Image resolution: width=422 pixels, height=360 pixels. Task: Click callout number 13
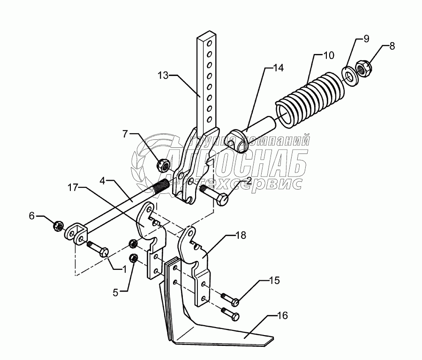click(162, 75)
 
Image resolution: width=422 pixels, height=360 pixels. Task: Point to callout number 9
click(366, 38)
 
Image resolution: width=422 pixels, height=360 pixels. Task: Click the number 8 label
click(392, 46)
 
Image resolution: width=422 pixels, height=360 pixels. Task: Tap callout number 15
click(274, 281)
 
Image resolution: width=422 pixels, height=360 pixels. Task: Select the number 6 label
click(32, 215)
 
